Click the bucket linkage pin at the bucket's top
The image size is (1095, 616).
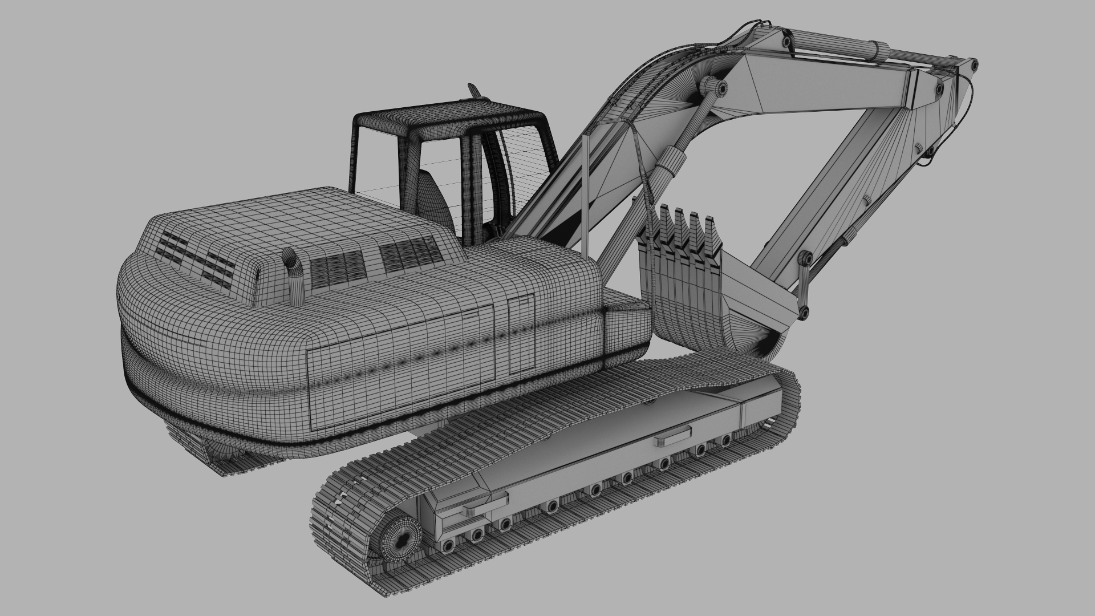[806, 260]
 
